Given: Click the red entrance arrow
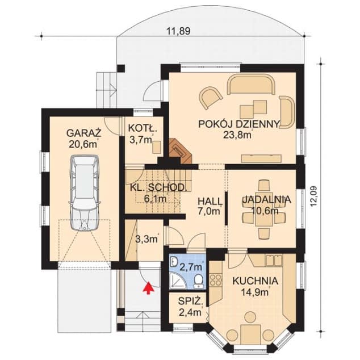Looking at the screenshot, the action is [x=149, y=288].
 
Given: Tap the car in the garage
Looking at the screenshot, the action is [x=85, y=193].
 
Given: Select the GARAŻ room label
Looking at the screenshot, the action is [x=84, y=133].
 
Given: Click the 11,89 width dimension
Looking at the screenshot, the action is [x=178, y=31].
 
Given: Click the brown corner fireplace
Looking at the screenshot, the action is [x=181, y=151].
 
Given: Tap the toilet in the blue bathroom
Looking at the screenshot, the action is [x=198, y=281].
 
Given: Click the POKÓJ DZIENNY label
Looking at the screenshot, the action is [x=239, y=124].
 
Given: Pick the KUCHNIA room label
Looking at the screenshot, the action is [x=256, y=281].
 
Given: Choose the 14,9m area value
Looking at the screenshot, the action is [x=255, y=292].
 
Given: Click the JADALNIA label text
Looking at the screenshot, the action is [x=266, y=199].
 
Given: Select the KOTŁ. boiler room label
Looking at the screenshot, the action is [x=143, y=128].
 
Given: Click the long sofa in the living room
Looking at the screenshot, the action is [x=251, y=84].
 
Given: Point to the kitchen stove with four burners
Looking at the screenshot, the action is [x=215, y=280].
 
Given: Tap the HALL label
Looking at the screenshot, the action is [x=210, y=202].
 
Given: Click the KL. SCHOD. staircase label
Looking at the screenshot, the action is [x=157, y=187].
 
